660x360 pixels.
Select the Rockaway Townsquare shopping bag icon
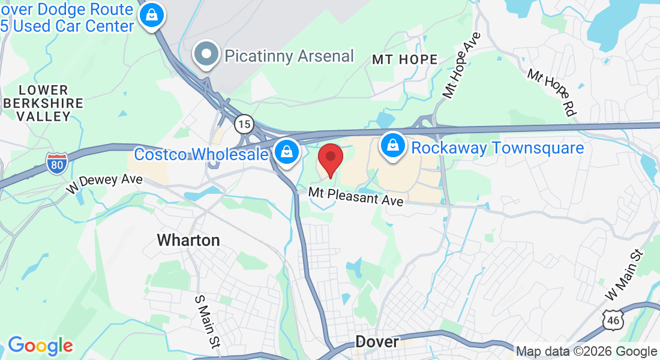click(x=392, y=146)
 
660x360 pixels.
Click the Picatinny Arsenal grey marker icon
click(x=207, y=54)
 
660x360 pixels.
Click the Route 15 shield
click(x=243, y=124)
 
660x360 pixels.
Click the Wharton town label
click(x=188, y=241)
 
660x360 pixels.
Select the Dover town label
click(x=377, y=341)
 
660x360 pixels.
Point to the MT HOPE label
click(x=405, y=59)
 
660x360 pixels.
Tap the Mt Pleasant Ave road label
click(x=356, y=196)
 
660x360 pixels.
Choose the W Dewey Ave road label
click(x=105, y=184)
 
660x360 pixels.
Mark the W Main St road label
click(x=624, y=275)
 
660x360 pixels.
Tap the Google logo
click(x=40, y=346)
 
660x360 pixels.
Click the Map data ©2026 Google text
click(x=586, y=352)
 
